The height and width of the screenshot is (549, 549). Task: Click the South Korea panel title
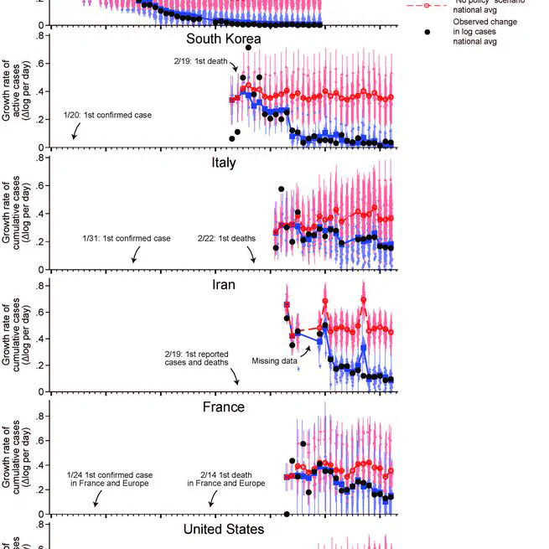tap(223, 39)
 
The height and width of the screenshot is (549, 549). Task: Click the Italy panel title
tap(223, 163)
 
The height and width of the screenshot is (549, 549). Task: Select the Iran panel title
tap(223, 284)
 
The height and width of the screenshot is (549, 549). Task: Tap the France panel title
tap(223, 407)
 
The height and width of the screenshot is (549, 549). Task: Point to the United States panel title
tap(223, 529)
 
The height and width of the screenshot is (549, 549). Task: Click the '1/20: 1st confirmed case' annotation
tap(107, 114)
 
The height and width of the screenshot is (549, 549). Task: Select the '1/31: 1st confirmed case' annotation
tap(126, 239)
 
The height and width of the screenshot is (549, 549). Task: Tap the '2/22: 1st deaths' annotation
tap(226, 239)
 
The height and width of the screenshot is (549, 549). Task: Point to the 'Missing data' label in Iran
tap(274, 361)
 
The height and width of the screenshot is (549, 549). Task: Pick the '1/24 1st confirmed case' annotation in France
tap(109, 479)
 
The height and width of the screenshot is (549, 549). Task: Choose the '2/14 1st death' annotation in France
tap(226, 479)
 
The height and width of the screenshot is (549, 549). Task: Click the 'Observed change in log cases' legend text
tap(479, 32)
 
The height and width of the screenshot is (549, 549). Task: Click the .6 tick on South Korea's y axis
tap(39, 65)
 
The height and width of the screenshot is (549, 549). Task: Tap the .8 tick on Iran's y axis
tap(39, 285)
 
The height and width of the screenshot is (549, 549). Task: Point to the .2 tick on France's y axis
tap(39, 489)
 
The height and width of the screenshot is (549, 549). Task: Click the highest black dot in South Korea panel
tap(248, 48)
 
